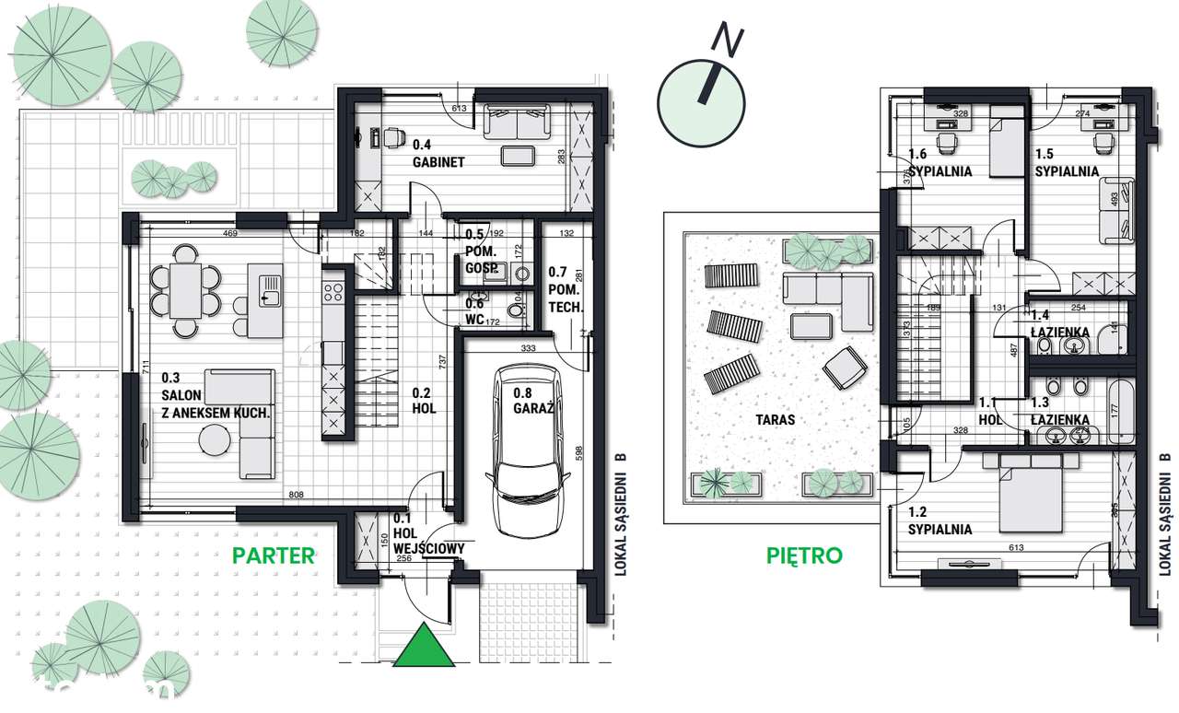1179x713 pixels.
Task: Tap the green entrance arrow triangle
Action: point(425,646)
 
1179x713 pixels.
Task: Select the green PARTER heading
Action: point(274,555)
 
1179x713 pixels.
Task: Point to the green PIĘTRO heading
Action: point(804,555)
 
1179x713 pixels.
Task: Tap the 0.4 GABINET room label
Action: point(438,153)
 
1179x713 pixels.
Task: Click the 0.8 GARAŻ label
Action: point(533,400)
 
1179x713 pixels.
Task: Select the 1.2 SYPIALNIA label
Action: point(939,521)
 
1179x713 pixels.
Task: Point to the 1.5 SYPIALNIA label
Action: point(1066,163)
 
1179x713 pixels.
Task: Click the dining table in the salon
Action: point(186,291)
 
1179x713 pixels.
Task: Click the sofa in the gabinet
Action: point(516,123)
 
